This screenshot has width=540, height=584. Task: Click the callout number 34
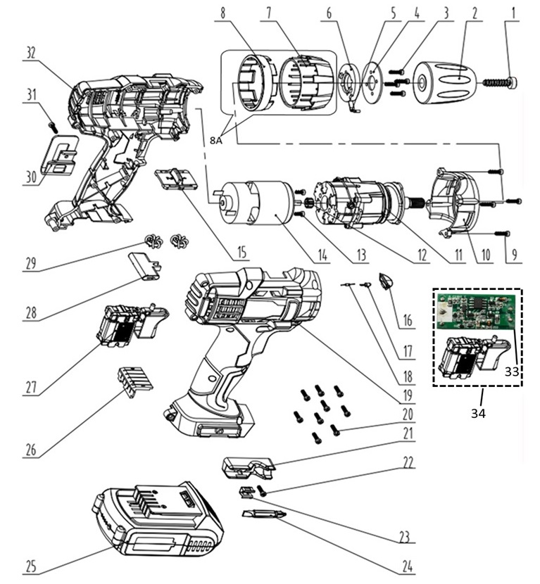(x=478, y=414)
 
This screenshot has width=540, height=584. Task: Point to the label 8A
(x=216, y=140)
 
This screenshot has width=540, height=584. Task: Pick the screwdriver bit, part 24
(x=265, y=516)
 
